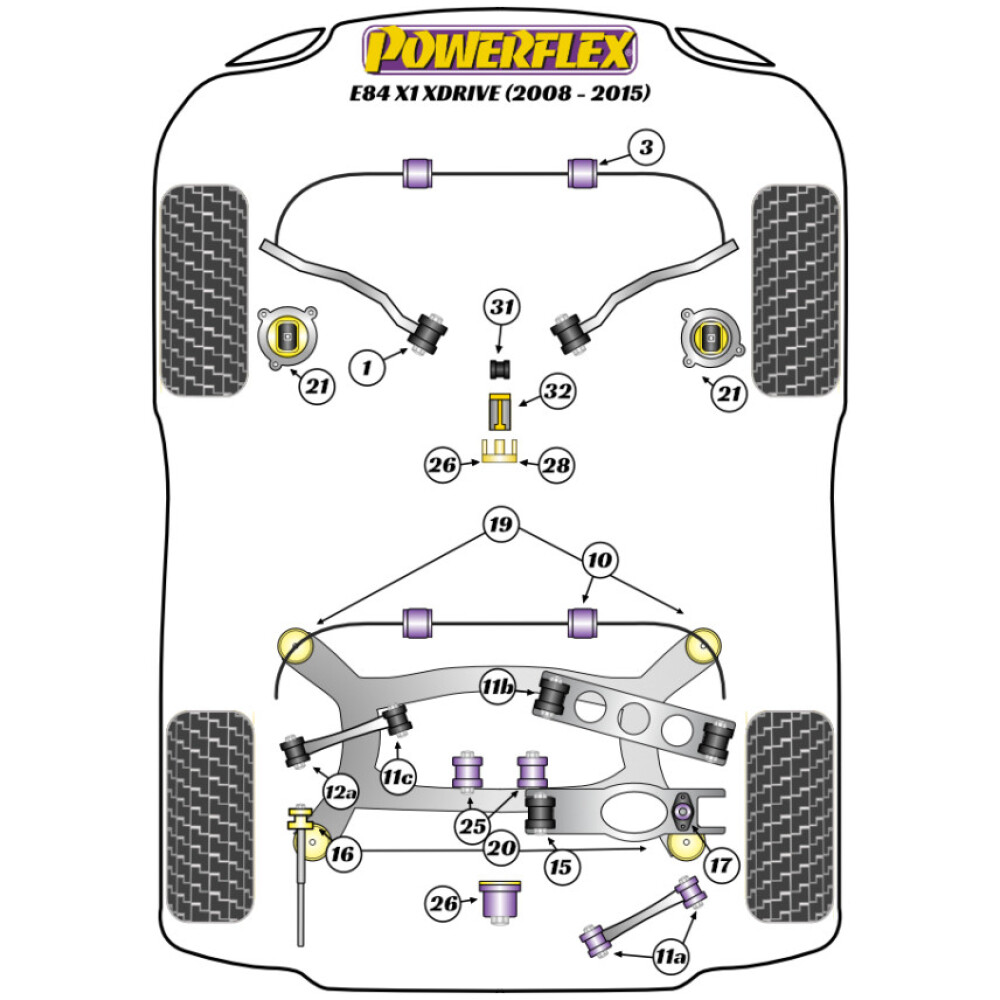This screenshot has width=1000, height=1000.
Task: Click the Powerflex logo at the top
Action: pyautogui.click(x=500, y=50)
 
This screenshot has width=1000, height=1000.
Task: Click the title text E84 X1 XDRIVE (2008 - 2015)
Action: pyautogui.click(x=500, y=94)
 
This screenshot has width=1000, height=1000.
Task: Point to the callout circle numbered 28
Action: pyautogui.click(x=557, y=464)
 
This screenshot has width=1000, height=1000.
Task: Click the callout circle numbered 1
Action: pyautogui.click(x=367, y=368)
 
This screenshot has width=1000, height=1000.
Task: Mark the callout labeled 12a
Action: pyautogui.click(x=338, y=793)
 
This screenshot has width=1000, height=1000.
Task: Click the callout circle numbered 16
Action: pyautogui.click(x=341, y=853)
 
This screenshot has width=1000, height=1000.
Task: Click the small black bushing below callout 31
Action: pyautogui.click(x=500, y=369)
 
